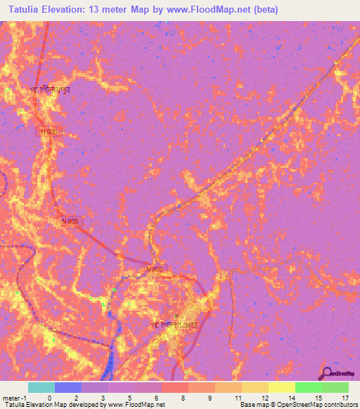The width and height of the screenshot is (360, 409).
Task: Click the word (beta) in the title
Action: tap(268, 10)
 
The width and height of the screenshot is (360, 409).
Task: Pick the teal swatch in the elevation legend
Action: tap(41, 387)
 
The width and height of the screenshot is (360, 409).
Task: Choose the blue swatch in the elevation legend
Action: tap(68, 387)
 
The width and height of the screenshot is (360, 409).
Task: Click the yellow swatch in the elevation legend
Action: tap(281, 387)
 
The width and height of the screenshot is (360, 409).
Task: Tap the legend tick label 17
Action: tap(345, 397)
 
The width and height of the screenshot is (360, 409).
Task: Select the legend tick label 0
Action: tap(50, 397)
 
